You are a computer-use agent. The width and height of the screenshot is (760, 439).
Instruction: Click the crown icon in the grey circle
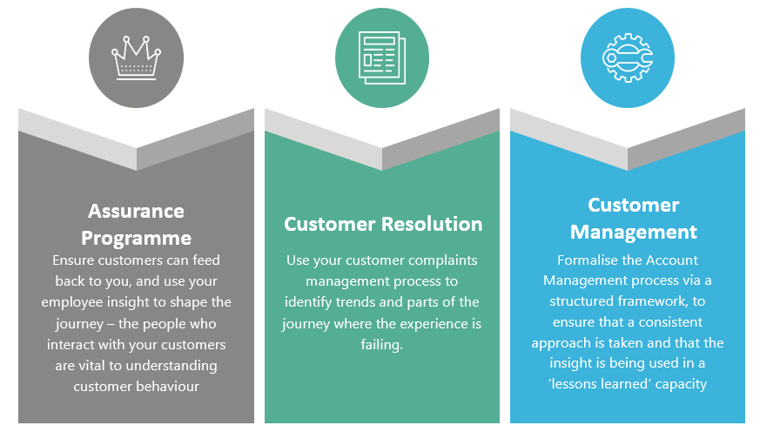pos(137,58)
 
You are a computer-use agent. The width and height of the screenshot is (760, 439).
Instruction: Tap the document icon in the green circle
pos(381,58)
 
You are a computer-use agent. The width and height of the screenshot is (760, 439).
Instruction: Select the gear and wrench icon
pos(628,58)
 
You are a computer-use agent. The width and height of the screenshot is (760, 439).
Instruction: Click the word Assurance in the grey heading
pos(136,212)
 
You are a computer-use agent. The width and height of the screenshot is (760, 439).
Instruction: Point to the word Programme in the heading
pos(136,238)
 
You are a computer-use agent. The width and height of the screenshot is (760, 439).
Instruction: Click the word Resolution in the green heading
pos(433,224)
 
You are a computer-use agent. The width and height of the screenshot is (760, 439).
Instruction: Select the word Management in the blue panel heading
pos(634,232)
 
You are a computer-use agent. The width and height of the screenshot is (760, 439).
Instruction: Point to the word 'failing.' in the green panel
pos(382,344)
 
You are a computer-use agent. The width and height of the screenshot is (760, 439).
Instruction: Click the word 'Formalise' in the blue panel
pos(588,260)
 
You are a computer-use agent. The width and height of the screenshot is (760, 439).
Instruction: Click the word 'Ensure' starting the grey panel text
pos(73,260)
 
